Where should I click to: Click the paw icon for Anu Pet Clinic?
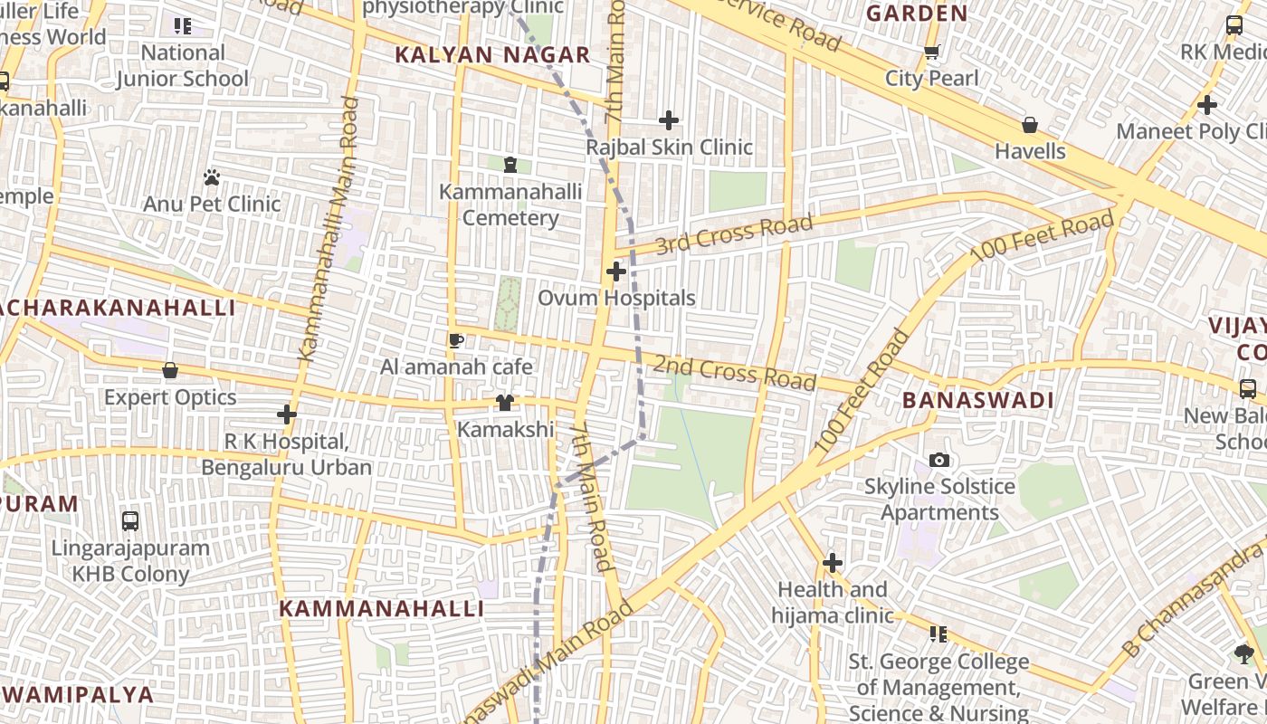(212, 177)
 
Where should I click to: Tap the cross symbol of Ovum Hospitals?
(616, 271)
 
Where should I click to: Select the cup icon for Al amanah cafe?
(456, 340)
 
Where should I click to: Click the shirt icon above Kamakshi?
(505, 403)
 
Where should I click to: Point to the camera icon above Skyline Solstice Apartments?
(939, 461)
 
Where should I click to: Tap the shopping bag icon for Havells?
(1030, 125)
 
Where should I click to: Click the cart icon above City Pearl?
(932, 52)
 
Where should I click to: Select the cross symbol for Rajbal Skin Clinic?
(669, 120)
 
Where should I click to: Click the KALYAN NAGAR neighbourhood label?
(492, 55)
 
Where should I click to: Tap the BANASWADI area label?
(978, 400)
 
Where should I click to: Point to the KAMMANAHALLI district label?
(381, 608)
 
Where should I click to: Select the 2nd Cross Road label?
(734, 372)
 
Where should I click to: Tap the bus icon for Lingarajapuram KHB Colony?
(130, 521)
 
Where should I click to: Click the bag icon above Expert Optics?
(170, 371)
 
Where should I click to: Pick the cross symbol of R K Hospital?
(287, 415)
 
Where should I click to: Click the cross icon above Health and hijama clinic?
(833, 564)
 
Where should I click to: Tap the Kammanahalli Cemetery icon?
(510, 165)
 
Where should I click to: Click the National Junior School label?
(182, 65)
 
